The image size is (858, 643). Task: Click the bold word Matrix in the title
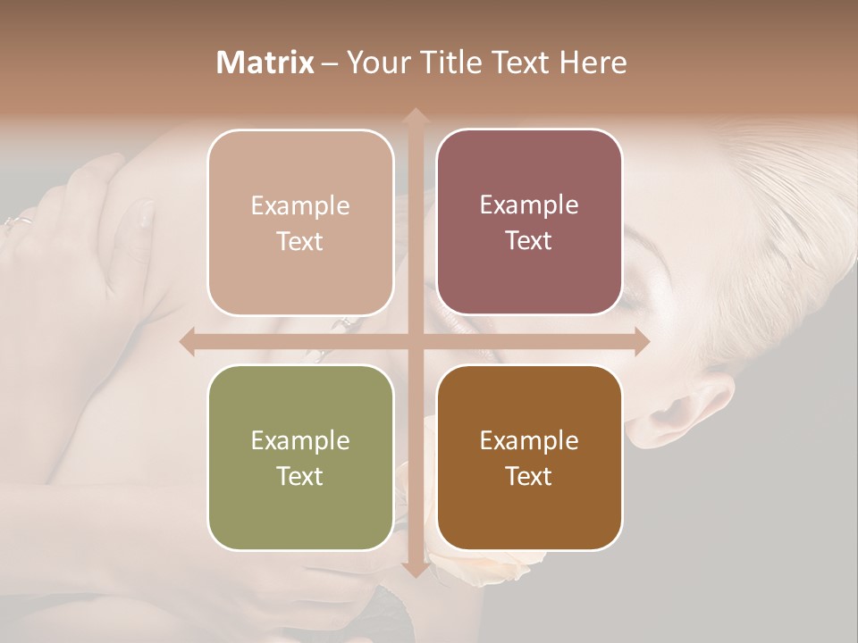265,63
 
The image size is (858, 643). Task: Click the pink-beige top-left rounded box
300,222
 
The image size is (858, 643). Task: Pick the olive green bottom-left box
300,457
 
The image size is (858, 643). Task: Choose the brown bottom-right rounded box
529,457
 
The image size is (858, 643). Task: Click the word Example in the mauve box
529,205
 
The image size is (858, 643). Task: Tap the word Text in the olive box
299,476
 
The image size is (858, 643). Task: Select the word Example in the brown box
529,440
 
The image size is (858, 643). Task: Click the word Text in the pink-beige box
299,241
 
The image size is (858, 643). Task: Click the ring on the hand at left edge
20,221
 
